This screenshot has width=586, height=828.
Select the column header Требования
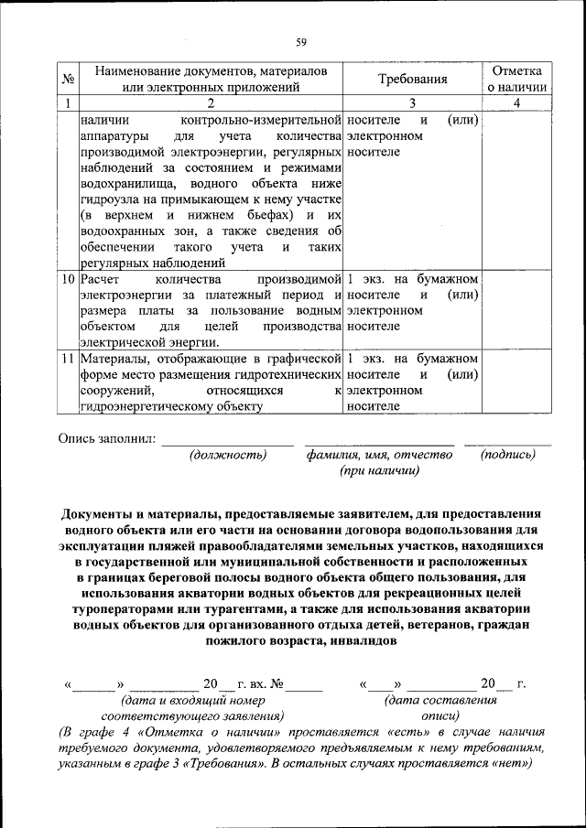(413, 80)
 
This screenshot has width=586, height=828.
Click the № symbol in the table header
(67, 80)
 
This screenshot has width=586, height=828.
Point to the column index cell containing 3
(413, 103)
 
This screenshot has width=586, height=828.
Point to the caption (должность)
(228, 455)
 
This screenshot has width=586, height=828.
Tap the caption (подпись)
(507, 455)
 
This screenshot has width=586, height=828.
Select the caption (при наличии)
(379, 471)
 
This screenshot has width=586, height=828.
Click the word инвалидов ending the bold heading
(361, 641)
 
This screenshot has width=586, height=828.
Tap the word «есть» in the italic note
(410, 733)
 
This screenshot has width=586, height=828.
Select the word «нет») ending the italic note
(511, 766)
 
